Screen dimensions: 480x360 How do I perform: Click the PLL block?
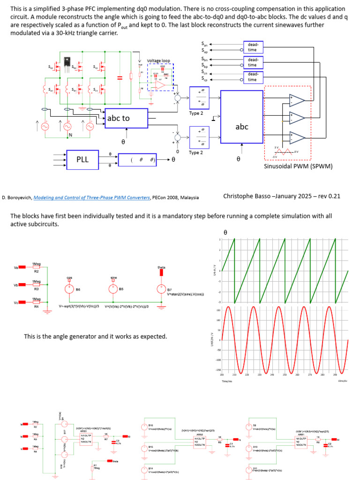pyautogui.click(x=82, y=160)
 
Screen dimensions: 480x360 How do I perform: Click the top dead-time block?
pyautogui.click(x=252, y=47)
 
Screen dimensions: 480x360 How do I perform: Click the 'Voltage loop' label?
pyautogui.click(x=158, y=61)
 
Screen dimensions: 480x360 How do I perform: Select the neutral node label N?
pyautogui.click(x=70, y=135)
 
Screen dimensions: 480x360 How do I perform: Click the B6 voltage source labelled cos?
pyautogui.click(x=69, y=290)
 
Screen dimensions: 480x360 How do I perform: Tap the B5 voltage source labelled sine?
pyautogui.click(x=113, y=290)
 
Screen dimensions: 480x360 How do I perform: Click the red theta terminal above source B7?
pyautogui.click(x=162, y=273)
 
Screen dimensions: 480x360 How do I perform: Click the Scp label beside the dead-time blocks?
pyautogui.click(x=205, y=79)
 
